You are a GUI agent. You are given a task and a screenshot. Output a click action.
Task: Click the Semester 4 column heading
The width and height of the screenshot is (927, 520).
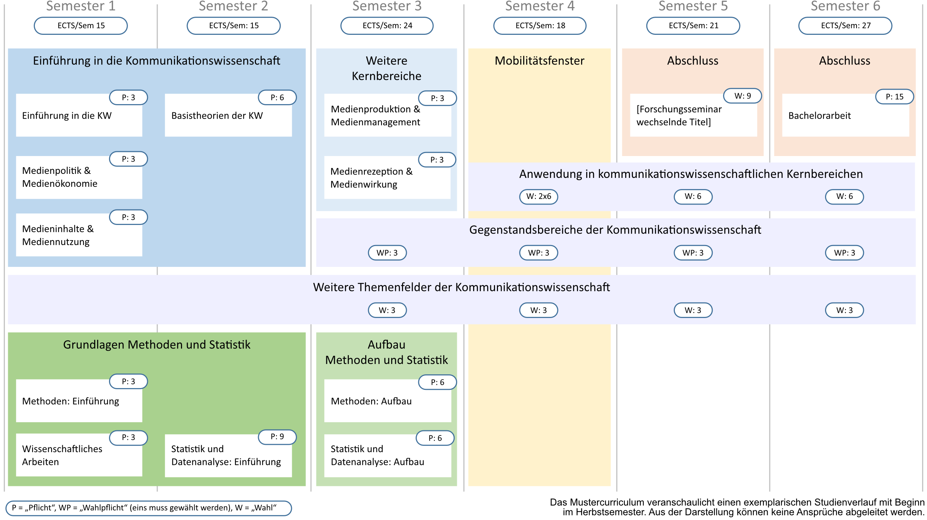click(x=540, y=6)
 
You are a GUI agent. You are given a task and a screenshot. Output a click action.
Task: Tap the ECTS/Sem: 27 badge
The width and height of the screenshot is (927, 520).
click(x=845, y=26)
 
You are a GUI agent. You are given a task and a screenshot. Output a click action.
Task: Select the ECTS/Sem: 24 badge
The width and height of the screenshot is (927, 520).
click(x=387, y=26)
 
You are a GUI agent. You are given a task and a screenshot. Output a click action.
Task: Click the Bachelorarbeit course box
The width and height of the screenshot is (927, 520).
click(x=845, y=115)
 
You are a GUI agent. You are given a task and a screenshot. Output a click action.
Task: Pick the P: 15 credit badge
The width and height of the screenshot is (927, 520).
click(x=894, y=97)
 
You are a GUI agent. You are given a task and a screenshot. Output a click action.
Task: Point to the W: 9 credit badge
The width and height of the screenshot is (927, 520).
click(x=742, y=96)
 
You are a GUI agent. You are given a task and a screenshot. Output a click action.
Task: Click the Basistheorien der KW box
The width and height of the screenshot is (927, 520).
click(x=228, y=115)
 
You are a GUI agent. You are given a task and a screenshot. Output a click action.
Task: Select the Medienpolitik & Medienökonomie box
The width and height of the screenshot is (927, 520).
click(x=79, y=178)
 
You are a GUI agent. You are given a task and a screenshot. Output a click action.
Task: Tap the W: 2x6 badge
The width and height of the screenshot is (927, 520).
click(x=538, y=196)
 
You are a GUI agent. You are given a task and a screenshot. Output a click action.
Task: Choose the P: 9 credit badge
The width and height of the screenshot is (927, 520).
click(x=277, y=437)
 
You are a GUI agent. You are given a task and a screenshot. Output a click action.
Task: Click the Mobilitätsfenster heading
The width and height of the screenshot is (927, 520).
click(x=540, y=61)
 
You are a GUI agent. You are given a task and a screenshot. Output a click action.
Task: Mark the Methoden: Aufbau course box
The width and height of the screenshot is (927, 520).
click(x=387, y=401)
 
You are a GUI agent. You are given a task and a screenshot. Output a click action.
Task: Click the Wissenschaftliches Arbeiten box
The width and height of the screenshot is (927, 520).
click(x=79, y=455)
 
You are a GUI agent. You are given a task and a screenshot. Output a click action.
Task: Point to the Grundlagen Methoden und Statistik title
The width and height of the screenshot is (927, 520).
click(x=157, y=345)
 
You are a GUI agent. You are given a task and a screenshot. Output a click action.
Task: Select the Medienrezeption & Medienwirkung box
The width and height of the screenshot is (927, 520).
click(x=387, y=178)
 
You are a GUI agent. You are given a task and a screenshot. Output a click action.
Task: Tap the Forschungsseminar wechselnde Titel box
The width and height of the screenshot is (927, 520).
click(x=693, y=115)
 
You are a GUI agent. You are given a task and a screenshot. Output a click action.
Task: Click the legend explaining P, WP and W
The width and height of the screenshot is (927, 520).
click(x=149, y=508)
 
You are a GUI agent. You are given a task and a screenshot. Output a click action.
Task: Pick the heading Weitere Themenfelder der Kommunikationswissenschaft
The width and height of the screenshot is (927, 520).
click(x=461, y=287)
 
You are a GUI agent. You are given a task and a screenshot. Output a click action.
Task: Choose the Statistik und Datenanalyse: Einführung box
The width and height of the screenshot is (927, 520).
click(x=228, y=456)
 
